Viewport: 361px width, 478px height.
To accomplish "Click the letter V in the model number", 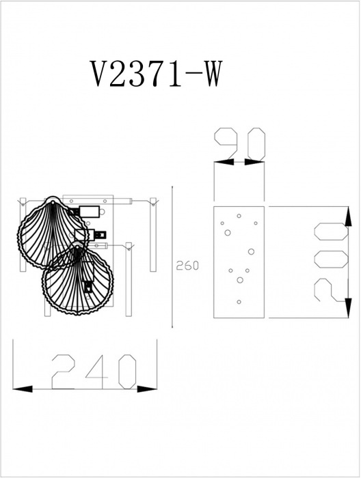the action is coord(101,74).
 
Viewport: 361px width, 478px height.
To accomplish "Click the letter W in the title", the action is coord(210,74).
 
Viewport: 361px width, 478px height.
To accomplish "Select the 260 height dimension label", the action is coord(187,266).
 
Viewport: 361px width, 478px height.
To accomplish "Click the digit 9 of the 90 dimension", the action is coord(226,144).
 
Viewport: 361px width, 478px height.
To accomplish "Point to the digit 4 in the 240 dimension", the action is coord(97,371).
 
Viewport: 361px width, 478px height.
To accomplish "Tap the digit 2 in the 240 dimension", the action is coord(63,371).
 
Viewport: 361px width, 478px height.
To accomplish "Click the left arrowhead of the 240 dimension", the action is coord(23,389).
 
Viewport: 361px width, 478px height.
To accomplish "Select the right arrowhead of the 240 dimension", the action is coord(147,389).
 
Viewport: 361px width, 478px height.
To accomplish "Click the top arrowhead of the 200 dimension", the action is coord(348,216).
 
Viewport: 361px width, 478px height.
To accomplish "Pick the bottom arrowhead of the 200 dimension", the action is coord(348,308).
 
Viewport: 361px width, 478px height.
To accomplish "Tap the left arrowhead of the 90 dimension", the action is coord(224,162).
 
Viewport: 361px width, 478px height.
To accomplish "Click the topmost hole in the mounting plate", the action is coord(239,216).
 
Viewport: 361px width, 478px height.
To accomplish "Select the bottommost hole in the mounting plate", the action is coord(239,302).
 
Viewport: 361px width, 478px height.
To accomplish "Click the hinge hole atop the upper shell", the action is coord(52,202).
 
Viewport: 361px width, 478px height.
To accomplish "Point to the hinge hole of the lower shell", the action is coord(77,247).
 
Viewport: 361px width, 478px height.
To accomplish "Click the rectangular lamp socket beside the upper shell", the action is coord(89,212).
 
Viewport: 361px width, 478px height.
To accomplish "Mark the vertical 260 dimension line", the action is coord(173,257).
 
